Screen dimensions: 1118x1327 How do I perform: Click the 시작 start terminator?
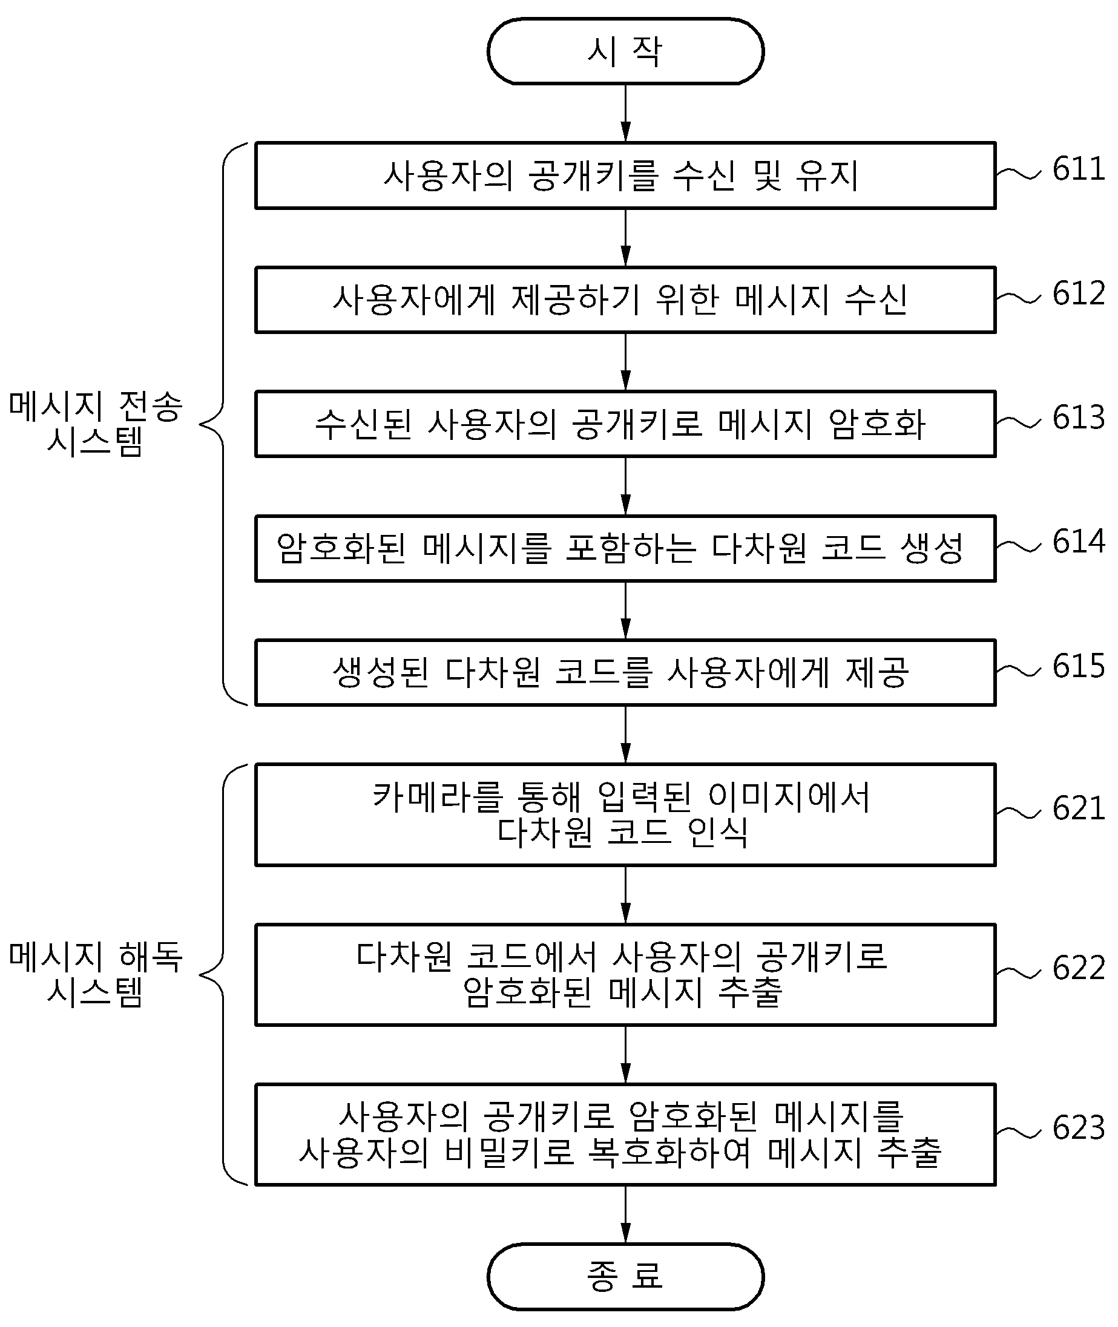625,51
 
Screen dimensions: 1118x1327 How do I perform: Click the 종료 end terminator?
625,1276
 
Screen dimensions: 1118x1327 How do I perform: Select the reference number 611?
1078,169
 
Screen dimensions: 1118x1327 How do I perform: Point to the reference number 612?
1078,293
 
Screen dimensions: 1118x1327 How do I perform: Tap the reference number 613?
1078,418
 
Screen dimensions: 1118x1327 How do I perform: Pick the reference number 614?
1078,542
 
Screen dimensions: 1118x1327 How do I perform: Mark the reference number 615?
1078,666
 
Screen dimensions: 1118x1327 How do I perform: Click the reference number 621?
1078,808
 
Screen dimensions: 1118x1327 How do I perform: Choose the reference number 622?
1078,968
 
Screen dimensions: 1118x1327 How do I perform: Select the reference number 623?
1078,1127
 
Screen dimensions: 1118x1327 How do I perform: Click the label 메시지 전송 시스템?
96,424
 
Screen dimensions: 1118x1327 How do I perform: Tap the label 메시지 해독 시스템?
96,974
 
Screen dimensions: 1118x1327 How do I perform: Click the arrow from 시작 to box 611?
625,113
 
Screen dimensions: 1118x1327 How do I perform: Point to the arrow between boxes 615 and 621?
625,734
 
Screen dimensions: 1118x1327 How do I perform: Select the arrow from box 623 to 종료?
625,1214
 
